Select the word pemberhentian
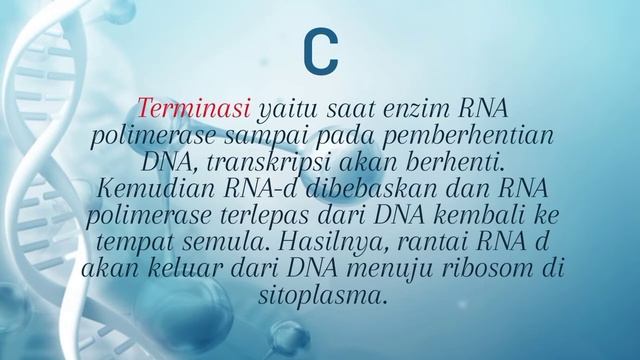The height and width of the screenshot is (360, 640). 471,133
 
